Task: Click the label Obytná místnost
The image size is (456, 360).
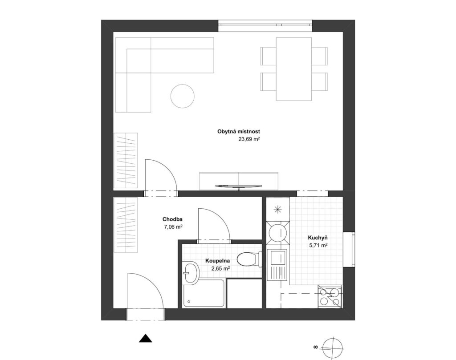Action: pyautogui.click(x=239, y=132)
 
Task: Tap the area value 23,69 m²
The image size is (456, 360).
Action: pyautogui.click(x=249, y=139)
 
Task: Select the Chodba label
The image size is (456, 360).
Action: pyautogui.click(x=172, y=219)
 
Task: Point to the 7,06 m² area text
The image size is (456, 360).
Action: pyautogui.click(x=173, y=227)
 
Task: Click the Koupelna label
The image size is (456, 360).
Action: pyautogui.click(x=217, y=261)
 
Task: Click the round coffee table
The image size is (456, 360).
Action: pyautogui.click(x=182, y=96)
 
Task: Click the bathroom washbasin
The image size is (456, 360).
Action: pyautogui.click(x=191, y=272)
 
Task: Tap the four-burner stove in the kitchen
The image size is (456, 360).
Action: pyautogui.click(x=330, y=296)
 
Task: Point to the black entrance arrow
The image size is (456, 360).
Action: pyautogui.click(x=146, y=339)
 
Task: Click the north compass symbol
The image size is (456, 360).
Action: pyautogui.click(x=333, y=348)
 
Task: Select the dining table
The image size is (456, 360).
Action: pyautogui.click(x=294, y=69)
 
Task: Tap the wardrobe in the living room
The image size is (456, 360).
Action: pyautogui.click(x=126, y=161)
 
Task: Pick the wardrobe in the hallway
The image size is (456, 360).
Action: pyautogui.click(x=126, y=225)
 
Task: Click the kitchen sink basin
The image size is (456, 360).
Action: pyautogui.click(x=276, y=257)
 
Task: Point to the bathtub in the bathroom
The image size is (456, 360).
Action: pyautogui.click(x=204, y=293)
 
